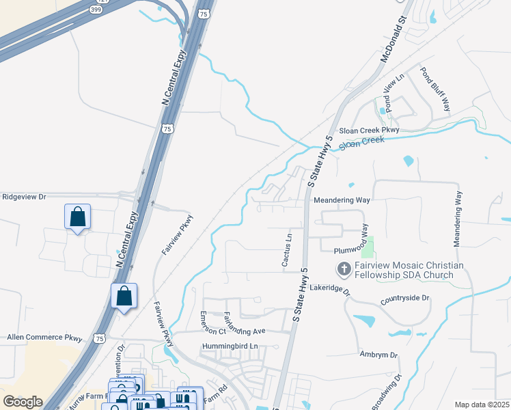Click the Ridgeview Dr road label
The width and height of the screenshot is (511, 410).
tap(24, 197)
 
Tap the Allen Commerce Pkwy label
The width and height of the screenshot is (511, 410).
tap(44, 338)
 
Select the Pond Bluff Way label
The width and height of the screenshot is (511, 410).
tap(435, 89)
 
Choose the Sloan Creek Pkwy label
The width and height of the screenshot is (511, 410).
tap(370, 129)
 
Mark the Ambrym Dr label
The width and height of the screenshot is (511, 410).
tap(378, 355)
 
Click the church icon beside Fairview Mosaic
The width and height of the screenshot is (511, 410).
tap(344, 270)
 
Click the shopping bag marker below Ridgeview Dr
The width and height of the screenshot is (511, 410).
tap(78, 217)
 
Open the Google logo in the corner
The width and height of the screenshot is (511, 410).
tap(23, 402)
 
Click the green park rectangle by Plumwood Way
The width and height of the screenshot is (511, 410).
tap(369, 247)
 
